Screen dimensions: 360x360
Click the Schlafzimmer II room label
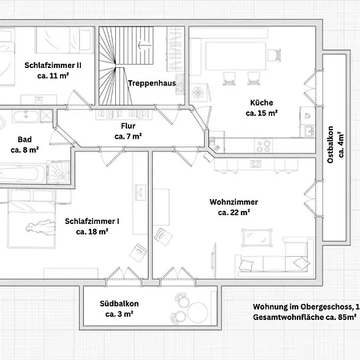tap(53, 66)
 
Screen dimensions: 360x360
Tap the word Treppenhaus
tap(152, 83)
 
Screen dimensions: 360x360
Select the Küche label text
tap(262, 102)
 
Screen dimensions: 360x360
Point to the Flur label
tap(128, 126)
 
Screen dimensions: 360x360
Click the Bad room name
tap(25, 139)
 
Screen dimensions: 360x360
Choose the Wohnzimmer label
tap(234, 202)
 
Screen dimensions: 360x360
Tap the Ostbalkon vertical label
tap(330, 145)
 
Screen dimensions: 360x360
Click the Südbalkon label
tap(119, 304)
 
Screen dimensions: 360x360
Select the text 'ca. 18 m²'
tap(92, 232)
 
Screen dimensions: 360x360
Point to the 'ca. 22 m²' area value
tap(234, 213)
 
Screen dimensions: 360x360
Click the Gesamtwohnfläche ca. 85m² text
tap(305, 318)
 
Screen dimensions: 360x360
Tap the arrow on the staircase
tap(145, 45)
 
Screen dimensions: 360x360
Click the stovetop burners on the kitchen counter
tap(263, 146)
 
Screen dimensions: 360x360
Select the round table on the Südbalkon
tap(198, 312)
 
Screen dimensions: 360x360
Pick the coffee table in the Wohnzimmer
tap(257, 238)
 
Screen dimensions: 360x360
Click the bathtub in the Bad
tap(22, 174)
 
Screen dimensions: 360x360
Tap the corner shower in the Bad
tap(58, 172)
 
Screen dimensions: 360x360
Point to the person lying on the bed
tap(41, 227)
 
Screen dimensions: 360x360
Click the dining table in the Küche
tap(236, 56)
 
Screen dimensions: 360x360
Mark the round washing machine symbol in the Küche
tap(198, 93)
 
